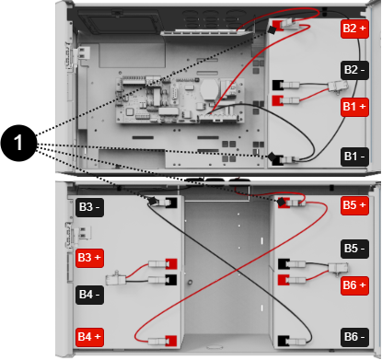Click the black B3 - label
click(90, 204)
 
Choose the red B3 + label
click(90, 257)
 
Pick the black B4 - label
click(90, 295)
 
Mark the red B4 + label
click(90, 336)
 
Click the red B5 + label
click(354, 204)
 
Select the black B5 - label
click(354, 249)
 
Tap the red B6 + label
click(354, 285)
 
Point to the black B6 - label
click(354, 336)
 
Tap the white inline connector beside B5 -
click(334, 269)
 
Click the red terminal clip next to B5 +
click(295, 203)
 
